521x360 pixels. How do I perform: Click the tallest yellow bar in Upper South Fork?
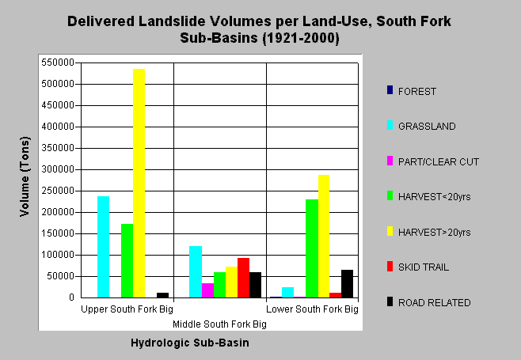point(139,183)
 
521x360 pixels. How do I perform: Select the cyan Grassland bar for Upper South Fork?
point(104,247)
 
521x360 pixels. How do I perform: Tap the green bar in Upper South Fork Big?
point(127,260)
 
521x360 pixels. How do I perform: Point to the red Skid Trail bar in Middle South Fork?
point(243,278)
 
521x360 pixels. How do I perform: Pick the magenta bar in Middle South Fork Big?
point(207,290)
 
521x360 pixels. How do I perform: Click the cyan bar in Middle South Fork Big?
point(196,271)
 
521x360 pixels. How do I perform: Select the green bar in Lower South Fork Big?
point(312,248)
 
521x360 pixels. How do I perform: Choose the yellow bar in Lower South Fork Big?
point(324,236)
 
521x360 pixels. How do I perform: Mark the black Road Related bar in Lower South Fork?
point(348,283)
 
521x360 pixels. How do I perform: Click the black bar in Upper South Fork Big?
point(162,295)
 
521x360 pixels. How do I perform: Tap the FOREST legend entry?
point(412,91)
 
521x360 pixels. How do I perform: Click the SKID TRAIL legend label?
point(424,267)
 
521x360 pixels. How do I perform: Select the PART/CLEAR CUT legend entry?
point(433,161)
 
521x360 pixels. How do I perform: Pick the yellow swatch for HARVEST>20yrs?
point(390,231)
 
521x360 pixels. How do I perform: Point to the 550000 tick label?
point(58,63)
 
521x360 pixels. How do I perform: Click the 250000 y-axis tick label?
point(58,191)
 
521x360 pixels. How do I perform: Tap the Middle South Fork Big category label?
point(219,324)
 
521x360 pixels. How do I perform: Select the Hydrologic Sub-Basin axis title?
point(190,343)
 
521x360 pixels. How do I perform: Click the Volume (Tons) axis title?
point(25,176)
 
